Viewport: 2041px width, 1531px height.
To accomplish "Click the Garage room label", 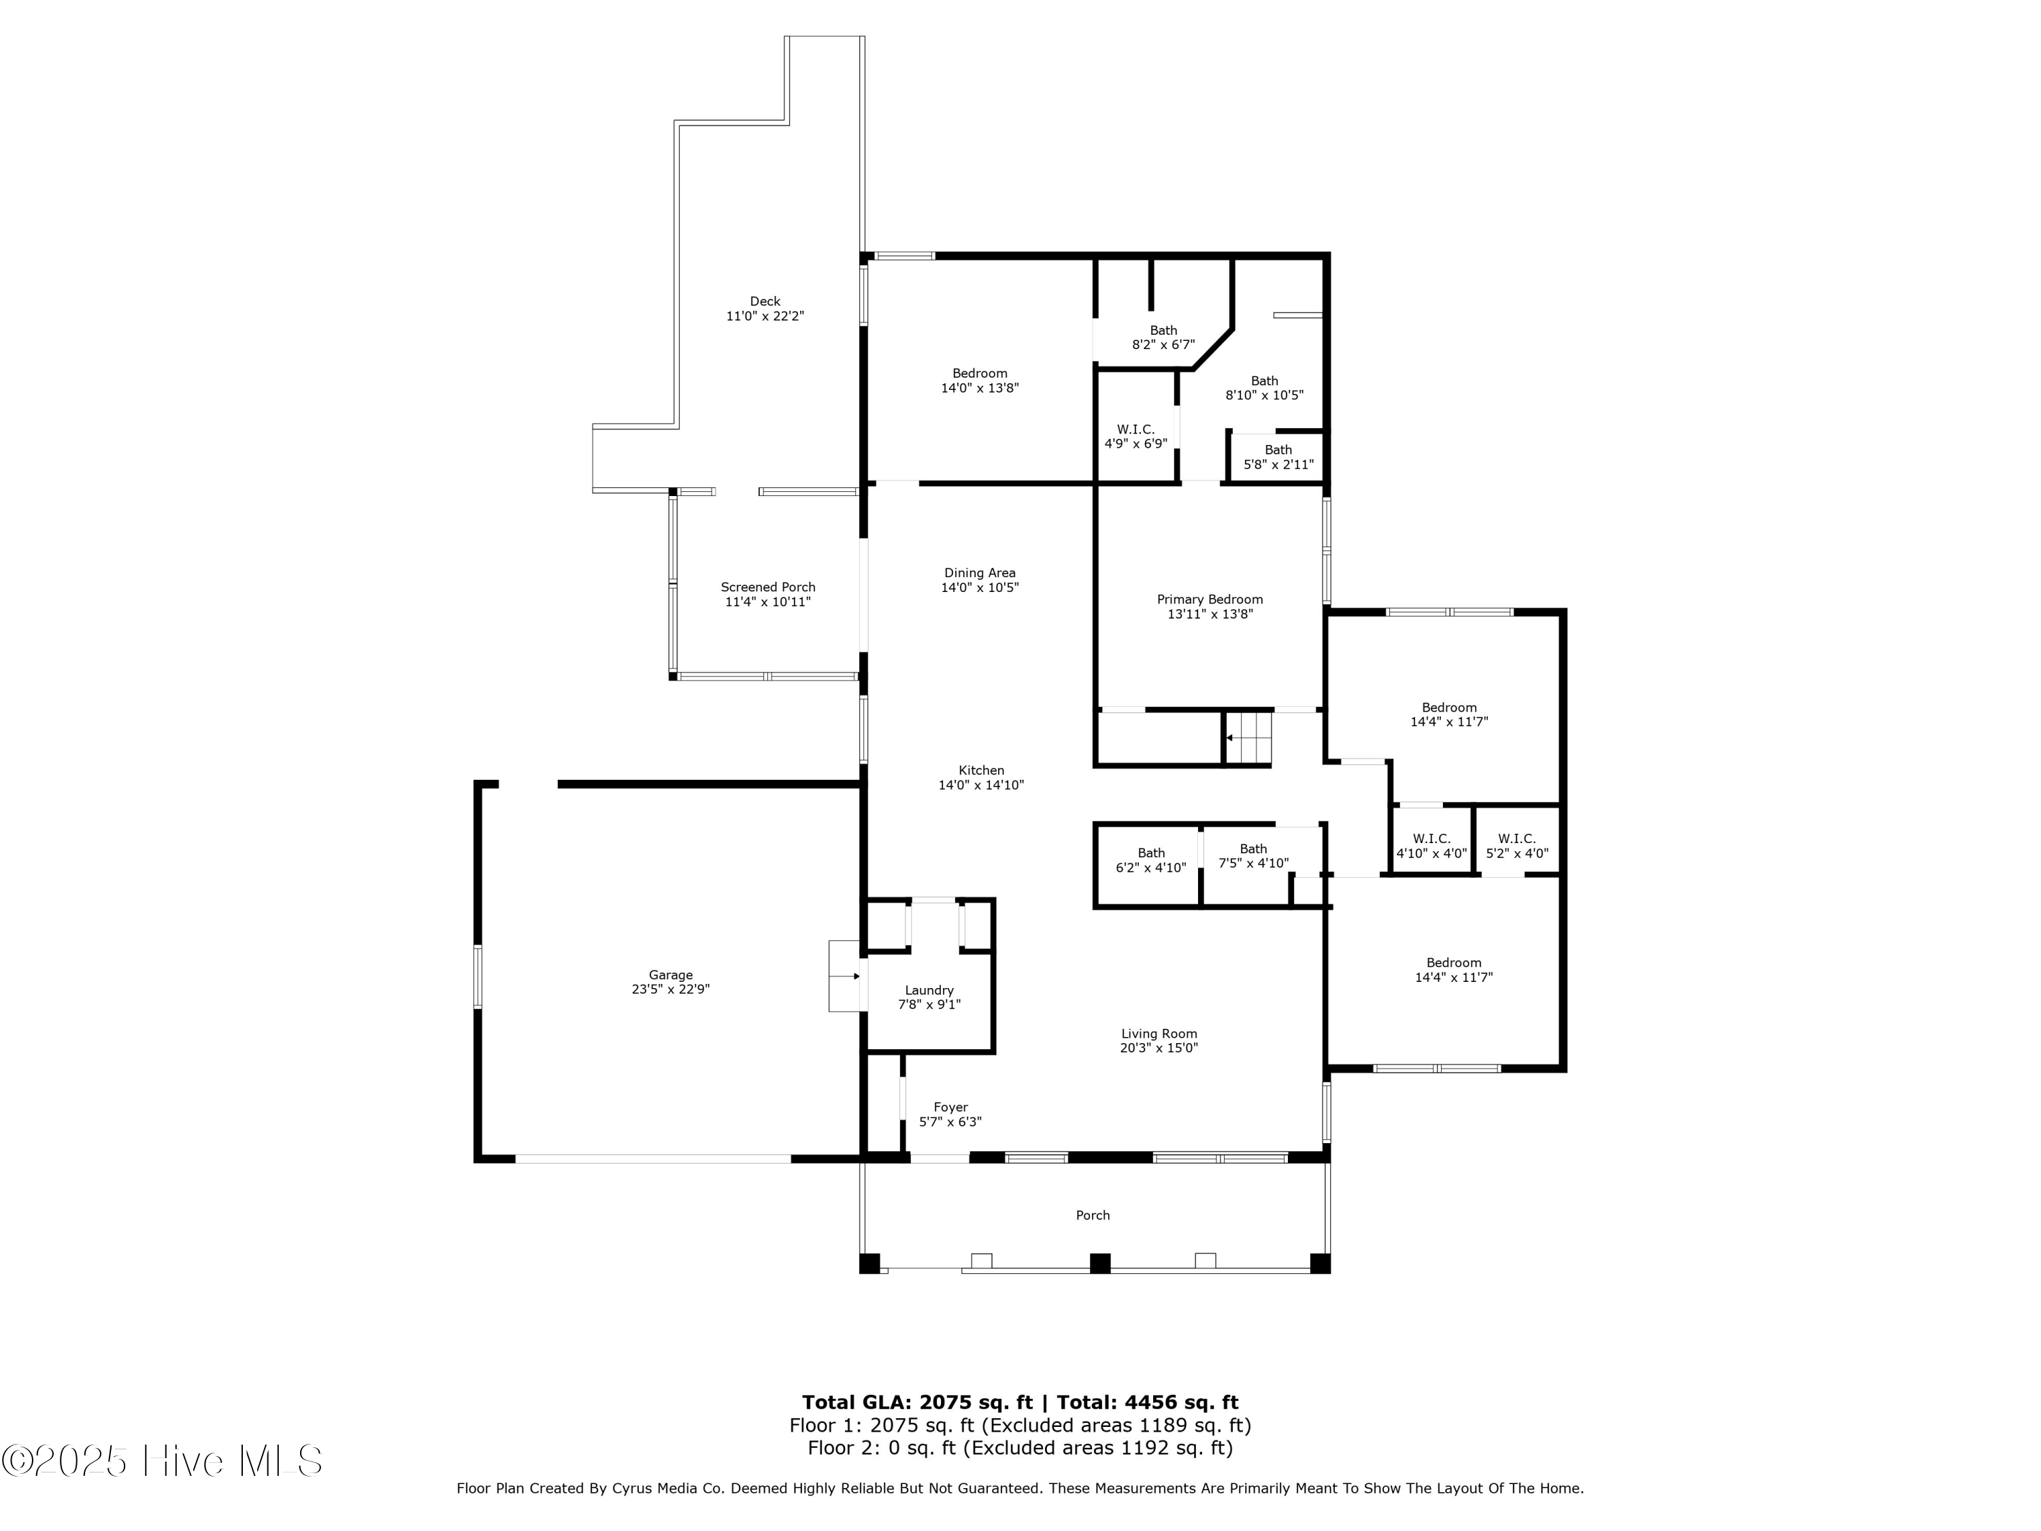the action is [x=671, y=974].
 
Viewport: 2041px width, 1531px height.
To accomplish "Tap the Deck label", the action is [x=765, y=301].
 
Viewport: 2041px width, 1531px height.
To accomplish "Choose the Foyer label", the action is [x=950, y=1107].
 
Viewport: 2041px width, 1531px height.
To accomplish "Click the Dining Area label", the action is [x=980, y=573].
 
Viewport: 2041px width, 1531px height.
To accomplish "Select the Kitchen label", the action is [x=981, y=770].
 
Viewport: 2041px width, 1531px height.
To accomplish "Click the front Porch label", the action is [x=1093, y=1215].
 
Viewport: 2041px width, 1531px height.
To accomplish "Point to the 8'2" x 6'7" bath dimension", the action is [x=1163, y=345].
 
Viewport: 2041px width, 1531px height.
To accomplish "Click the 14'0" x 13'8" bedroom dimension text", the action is [x=980, y=389].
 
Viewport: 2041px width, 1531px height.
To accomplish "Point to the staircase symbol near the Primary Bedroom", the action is [x=1248, y=738].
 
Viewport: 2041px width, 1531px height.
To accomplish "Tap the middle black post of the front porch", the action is [x=1100, y=1264].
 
